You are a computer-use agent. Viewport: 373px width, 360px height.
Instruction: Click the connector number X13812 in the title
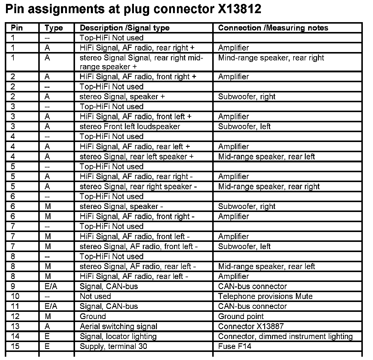pyautogui.click(x=238, y=9)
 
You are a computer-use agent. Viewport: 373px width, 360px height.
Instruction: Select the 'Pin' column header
pyautogui.click(x=17, y=28)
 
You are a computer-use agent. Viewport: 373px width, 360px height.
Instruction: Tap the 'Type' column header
pyautogui.click(x=54, y=28)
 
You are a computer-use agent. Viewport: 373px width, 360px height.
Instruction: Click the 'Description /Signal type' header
pyautogui.click(x=124, y=28)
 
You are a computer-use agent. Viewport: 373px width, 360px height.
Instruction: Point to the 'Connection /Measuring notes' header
pyautogui.click(x=273, y=28)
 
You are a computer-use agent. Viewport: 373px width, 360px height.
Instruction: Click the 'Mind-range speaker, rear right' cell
pyautogui.click(x=271, y=58)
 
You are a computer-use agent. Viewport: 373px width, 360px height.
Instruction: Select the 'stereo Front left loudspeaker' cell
pyautogui.click(x=130, y=126)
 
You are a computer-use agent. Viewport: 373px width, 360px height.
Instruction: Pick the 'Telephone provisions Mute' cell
pyautogui.click(x=265, y=296)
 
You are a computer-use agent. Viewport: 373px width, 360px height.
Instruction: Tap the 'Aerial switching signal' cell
pyautogui.click(x=118, y=326)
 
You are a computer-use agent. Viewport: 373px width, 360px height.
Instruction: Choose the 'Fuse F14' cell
pyautogui.click(x=235, y=346)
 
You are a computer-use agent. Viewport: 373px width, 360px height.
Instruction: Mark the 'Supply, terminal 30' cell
pyautogui.click(x=113, y=346)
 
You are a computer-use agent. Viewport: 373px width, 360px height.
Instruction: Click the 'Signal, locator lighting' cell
pyautogui.click(x=118, y=336)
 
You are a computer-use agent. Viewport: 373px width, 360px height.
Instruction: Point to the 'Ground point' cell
pyautogui.click(x=241, y=316)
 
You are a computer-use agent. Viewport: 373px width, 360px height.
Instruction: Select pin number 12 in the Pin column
pyautogui.click(x=15, y=316)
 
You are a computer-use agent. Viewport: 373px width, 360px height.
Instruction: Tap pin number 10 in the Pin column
pyautogui.click(x=15, y=296)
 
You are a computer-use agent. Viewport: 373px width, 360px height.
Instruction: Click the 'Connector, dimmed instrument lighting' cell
pyautogui.click(x=285, y=336)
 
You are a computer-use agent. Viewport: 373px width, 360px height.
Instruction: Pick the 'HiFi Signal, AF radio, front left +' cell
pyautogui.click(x=135, y=117)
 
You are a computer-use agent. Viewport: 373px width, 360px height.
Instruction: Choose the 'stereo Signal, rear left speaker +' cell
pyautogui.click(x=137, y=156)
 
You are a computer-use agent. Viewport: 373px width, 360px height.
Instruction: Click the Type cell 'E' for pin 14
pyautogui.click(x=47, y=336)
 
